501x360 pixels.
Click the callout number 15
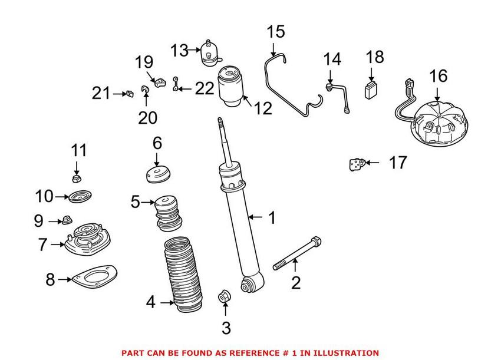click(275, 31)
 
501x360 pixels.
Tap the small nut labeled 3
click(225, 296)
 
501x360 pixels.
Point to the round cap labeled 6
click(157, 175)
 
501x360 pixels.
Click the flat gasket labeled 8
click(93, 279)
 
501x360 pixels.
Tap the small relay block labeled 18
click(371, 90)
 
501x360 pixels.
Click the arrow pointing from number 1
click(255, 217)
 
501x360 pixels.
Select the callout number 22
click(204, 88)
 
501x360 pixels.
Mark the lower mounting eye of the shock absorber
click(249, 285)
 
